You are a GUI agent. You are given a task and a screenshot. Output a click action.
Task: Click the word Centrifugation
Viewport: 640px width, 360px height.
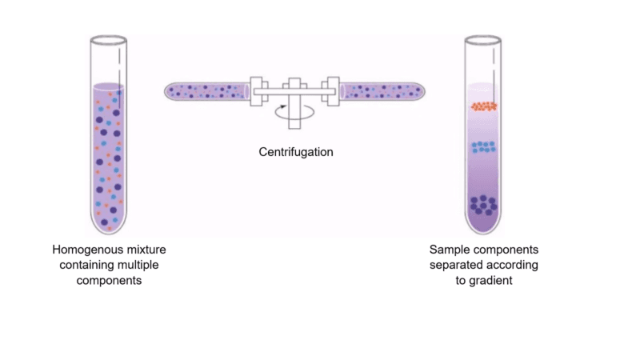(x=296, y=152)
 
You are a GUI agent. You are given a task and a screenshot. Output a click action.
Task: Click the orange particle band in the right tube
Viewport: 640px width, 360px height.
(x=484, y=106)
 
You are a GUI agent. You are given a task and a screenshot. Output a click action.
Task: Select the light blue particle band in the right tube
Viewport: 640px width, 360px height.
(x=484, y=147)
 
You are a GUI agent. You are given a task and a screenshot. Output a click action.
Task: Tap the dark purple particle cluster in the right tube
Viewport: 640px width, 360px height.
(x=483, y=205)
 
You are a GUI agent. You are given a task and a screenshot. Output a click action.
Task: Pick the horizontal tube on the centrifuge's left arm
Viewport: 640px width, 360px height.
(x=207, y=91)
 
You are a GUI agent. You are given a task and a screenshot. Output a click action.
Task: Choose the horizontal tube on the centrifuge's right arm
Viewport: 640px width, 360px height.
(x=382, y=91)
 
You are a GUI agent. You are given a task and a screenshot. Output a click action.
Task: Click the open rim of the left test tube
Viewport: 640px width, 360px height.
(x=109, y=40)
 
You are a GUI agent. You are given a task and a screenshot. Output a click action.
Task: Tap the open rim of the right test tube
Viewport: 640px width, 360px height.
(x=483, y=40)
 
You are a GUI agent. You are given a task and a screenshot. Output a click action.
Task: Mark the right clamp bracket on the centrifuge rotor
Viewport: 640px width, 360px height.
(x=331, y=91)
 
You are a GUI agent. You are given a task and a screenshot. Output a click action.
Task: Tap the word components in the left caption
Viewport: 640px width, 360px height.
(x=109, y=281)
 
